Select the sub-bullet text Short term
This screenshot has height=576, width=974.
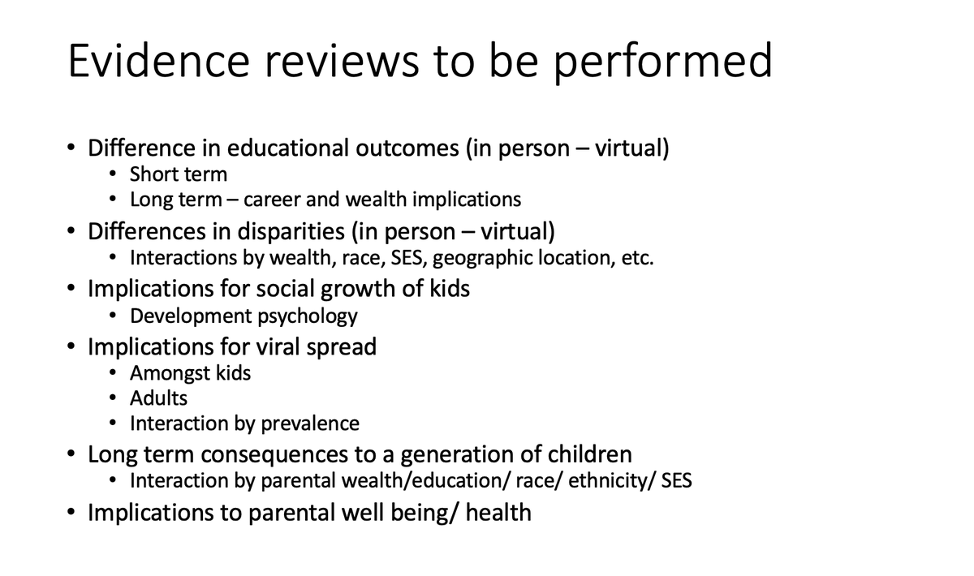point(179,174)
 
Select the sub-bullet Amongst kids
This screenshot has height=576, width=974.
point(190,373)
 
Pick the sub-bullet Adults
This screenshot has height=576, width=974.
point(158,398)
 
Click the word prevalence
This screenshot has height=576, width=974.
point(311,423)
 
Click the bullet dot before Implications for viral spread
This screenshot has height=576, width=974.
point(73,348)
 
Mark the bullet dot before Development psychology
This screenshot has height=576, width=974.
point(114,316)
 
